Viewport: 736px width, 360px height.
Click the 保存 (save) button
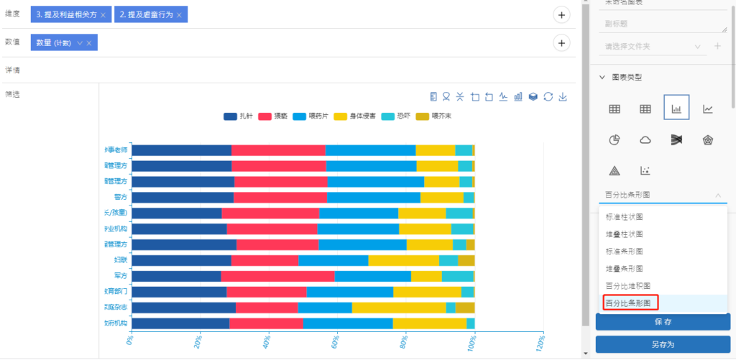click(x=662, y=321)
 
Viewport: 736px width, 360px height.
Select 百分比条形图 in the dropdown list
click(x=629, y=303)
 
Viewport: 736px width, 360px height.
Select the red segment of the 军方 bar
click(x=277, y=276)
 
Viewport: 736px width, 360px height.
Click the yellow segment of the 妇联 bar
click(x=403, y=260)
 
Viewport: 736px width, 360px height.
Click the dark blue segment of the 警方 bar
click(x=183, y=197)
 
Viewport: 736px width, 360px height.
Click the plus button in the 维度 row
click(x=561, y=14)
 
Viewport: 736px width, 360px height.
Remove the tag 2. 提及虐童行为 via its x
click(x=179, y=15)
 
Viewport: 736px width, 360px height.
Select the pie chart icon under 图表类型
click(x=615, y=139)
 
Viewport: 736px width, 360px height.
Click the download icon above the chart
click(x=563, y=96)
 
